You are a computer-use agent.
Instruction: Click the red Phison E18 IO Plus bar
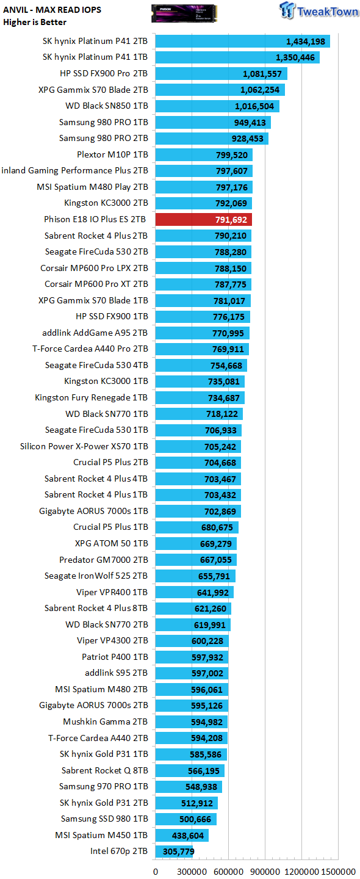pyautogui.click(x=204, y=219)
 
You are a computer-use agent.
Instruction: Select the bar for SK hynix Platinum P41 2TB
pyautogui.click(x=243, y=42)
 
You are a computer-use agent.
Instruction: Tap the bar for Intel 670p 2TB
pyautogui.click(x=174, y=851)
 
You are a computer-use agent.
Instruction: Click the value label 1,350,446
pyautogui.click(x=295, y=57)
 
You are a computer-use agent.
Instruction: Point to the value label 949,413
pyautogui.click(x=250, y=123)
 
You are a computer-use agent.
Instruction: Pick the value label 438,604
pyautogui.click(x=188, y=836)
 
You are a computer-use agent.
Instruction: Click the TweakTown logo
pyautogui.click(x=319, y=10)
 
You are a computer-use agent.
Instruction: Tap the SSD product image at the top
pyautogui.click(x=184, y=13)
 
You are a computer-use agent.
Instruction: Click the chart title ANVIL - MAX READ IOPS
pyautogui.click(x=52, y=10)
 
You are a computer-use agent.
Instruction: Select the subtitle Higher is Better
pyautogui.click(x=35, y=22)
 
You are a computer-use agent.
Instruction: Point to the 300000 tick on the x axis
pyautogui.click(x=192, y=872)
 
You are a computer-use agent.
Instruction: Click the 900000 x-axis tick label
pyautogui.click(x=265, y=872)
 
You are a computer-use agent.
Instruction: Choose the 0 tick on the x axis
pyautogui.click(x=156, y=872)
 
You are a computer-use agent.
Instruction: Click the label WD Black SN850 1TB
pyautogui.click(x=107, y=106)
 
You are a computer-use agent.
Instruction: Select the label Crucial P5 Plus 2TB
pyautogui.click(x=110, y=462)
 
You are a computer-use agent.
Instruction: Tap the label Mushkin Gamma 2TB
pyautogui.click(x=106, y=722)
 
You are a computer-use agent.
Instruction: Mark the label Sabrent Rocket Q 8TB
pyautogui.click(x=105, y=770)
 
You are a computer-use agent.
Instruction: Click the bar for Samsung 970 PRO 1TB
pyautogui.click(x=189, y=786)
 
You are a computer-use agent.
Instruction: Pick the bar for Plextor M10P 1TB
pyautogui.click(x=204, y=154)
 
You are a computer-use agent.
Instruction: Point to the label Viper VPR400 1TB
pyautogui.click(x=112, y=592)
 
